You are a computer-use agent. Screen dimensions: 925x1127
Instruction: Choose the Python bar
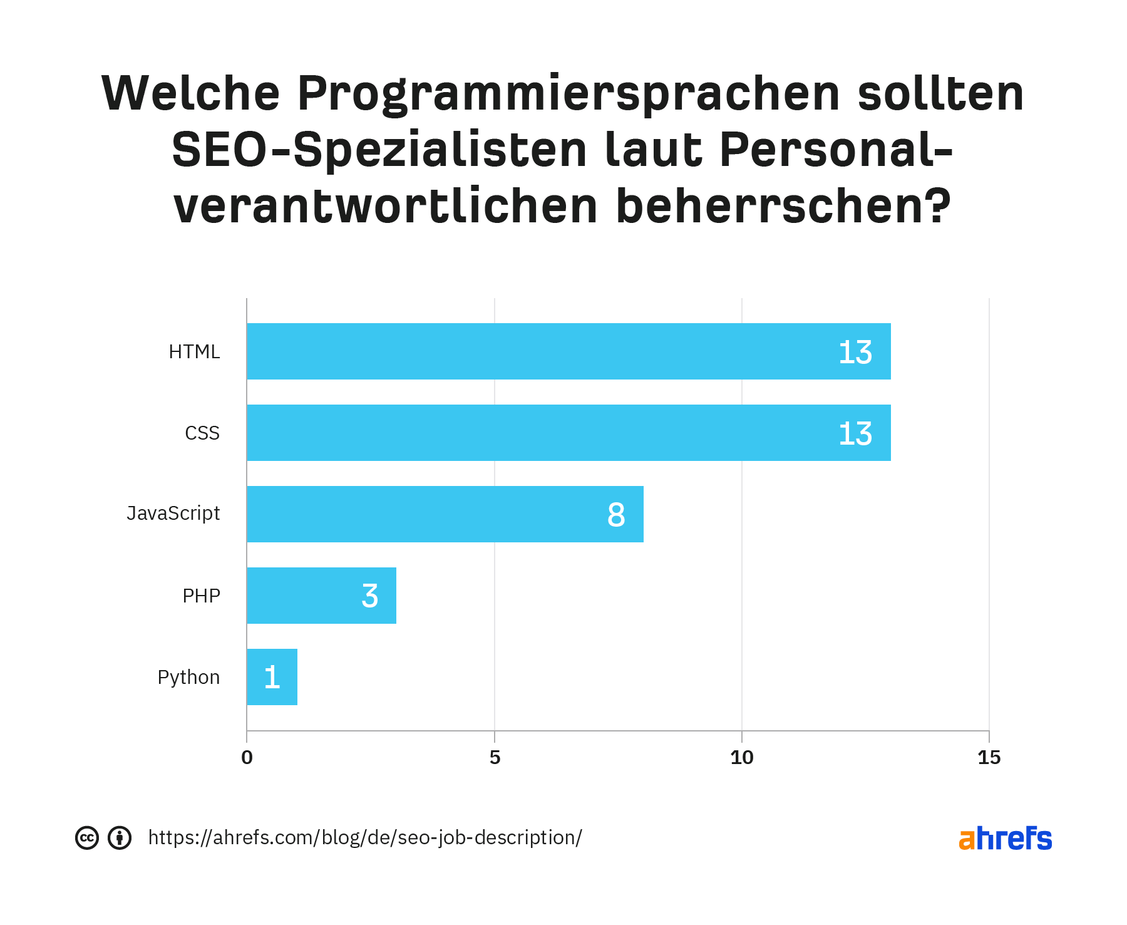click(272, 677)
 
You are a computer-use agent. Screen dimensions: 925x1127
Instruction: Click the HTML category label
click(194, 352)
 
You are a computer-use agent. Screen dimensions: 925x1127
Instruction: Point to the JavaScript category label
click(173, 514)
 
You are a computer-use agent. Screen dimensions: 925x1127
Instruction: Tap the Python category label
click(188, 678)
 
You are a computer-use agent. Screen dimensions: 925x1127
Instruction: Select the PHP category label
click(201, 596)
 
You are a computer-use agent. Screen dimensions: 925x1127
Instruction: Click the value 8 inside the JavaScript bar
click(616, 515)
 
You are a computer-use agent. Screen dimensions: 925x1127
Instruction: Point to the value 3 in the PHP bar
click(369, 596)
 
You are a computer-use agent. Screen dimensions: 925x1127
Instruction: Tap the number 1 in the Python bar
click(272, 678)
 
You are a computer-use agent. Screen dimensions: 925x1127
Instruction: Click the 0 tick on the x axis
click(247, 758)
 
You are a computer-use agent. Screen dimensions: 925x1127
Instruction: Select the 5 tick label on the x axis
click(495, 758)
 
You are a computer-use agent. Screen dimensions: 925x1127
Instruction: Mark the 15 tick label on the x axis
click(989, 758)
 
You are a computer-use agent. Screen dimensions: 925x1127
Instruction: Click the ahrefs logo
click(1005, 839)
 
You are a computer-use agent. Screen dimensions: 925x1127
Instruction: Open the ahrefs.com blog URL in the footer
click(365, 838)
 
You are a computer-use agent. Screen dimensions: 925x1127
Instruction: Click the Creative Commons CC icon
click(87, 838)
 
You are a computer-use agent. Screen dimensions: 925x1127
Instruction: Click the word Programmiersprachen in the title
click(568, 94)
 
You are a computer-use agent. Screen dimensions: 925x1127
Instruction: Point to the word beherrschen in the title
click(783, 207)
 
